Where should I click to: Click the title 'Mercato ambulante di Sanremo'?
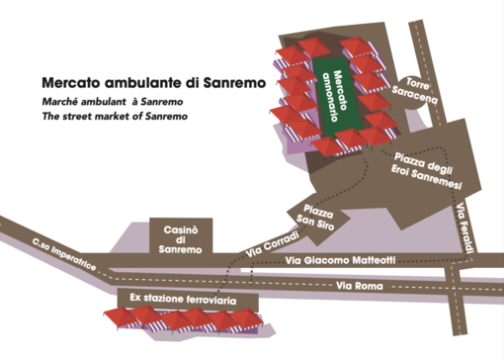153,84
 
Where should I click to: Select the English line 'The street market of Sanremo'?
115,117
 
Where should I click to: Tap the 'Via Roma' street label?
354,286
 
